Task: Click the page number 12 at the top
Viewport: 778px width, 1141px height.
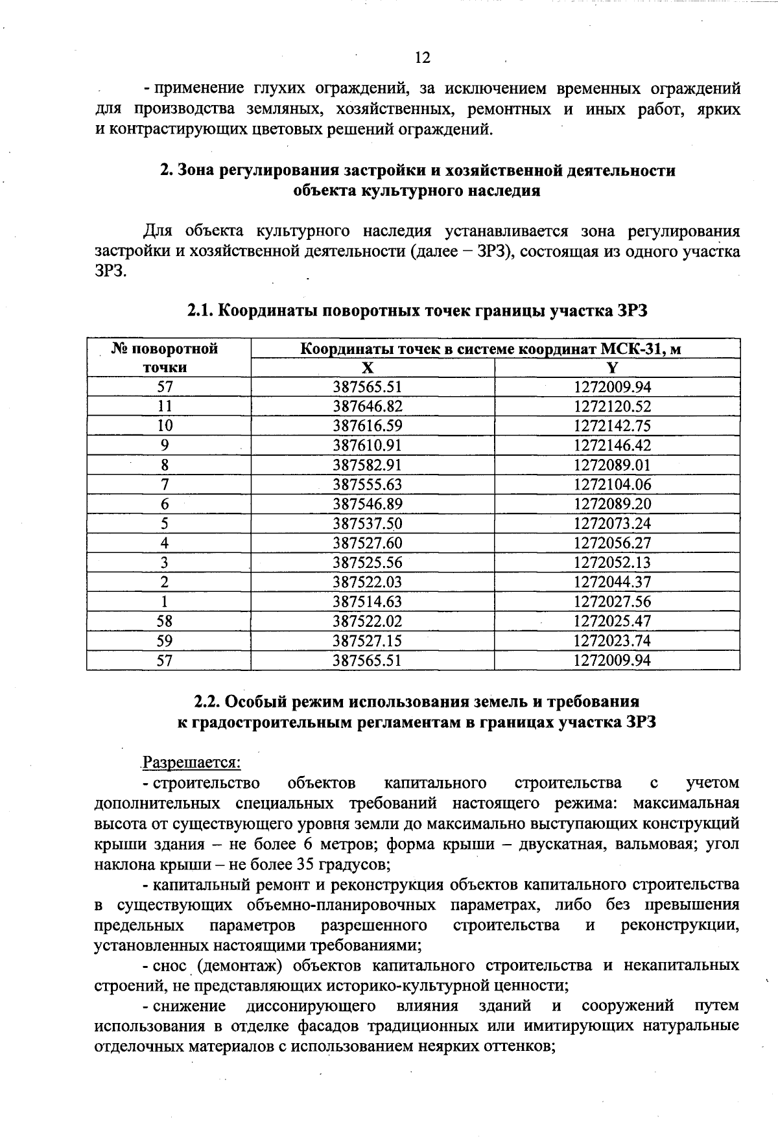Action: coord(422,58)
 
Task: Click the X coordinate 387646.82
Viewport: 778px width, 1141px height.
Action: coord(368,406)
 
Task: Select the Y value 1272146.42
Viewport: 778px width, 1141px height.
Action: coord(612,445)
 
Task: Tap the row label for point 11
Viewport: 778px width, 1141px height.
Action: coord(165,406)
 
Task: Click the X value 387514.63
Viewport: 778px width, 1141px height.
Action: coord(368,602)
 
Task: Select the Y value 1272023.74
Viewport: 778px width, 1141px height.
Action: coord(612,641)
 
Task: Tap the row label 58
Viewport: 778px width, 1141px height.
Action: coord(165,621)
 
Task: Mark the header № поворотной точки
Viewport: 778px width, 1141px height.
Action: coord(165,359)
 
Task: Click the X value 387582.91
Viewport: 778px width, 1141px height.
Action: coord(368,465)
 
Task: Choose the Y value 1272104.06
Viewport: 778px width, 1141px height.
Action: coord(612,484)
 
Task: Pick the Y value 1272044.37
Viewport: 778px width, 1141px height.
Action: coord(612,582)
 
